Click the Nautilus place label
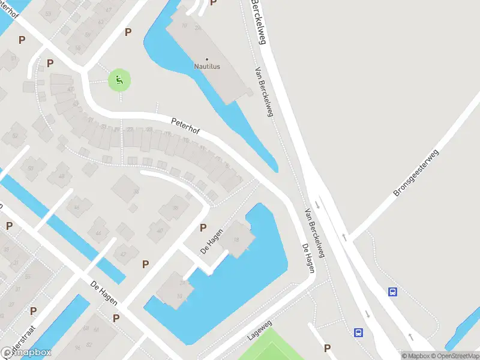click(x=207, y=67)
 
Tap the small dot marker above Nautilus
click(x=207, y=59)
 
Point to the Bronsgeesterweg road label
click(x=417, y=173)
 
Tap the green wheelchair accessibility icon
click(x=119, y=80)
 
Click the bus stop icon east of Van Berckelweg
click(x=392, y=292)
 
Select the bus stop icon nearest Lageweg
click(x=358, y=332)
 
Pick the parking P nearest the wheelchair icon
click(x=127, y=32)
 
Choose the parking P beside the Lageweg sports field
click(x=327, y=348)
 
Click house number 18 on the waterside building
click(x=236, y=240)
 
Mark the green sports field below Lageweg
click(x=270, y=348)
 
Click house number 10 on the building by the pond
click(x=179, y=295)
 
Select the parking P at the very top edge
click(x=213, y=2)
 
